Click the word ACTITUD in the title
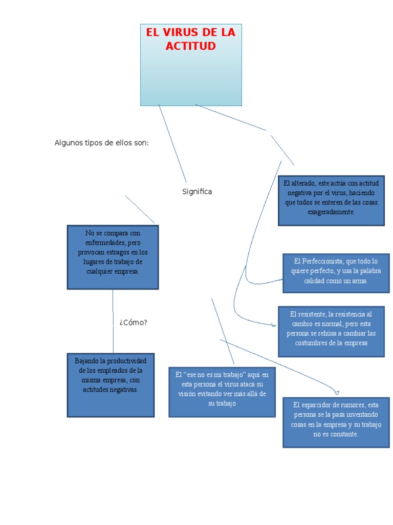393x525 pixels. [x=190, y=46]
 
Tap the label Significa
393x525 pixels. [x=197, y=192]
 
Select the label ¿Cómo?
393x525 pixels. [x=133, y=322]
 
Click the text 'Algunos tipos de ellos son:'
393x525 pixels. [x=101, y=143]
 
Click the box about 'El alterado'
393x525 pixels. [x=331, y=200]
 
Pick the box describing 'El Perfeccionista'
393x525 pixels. [x=336, y=273]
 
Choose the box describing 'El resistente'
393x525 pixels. [x=331, y=332]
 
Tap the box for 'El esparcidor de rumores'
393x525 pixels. [x=336, y=422]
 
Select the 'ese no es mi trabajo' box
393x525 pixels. [x=222, y=392]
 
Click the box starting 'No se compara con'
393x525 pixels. [x=113, y=257]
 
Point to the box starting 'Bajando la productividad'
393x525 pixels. [x=111, y=385]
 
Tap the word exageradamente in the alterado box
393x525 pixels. [x=331, y=212]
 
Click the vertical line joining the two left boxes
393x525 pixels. [x=113, y=321]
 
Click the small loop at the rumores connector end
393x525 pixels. [x=337, y=392]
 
